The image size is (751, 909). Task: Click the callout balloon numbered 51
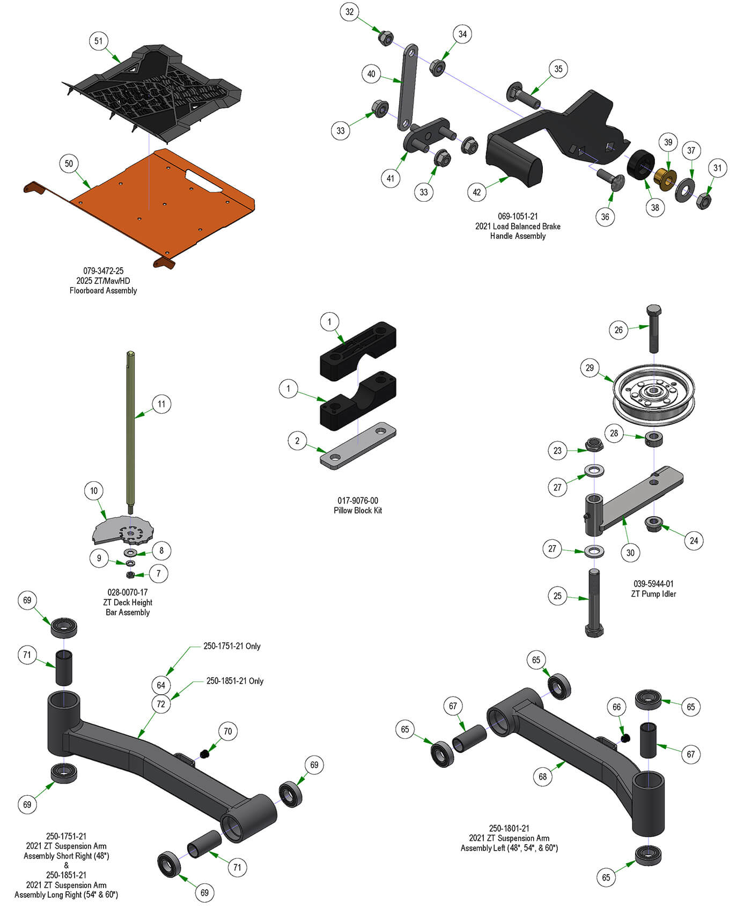98,41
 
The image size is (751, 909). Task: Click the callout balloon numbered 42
477,192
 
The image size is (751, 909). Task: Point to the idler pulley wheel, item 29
653,394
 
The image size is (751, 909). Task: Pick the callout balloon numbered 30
630,553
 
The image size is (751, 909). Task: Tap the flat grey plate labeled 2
358,445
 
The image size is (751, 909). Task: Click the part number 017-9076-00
358,501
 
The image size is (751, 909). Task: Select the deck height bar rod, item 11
131,429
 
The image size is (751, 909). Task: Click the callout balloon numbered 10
94,490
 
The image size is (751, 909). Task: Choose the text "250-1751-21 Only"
232,647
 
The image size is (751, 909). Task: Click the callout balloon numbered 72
161,704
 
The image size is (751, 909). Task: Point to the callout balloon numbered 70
227,731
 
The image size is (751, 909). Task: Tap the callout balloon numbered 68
543,776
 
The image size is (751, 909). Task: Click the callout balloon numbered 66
617,707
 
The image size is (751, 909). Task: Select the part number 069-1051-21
518,216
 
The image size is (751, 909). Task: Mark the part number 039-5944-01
653,584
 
